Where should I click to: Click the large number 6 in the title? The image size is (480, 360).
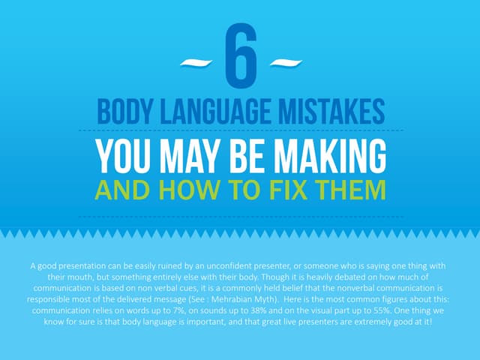point(241,56)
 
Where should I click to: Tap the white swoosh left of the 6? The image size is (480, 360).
point(196,63)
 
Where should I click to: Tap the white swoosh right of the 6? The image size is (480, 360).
point(286,63)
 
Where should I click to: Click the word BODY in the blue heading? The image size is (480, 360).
point(124,112)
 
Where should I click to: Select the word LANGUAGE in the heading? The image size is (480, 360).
point(215,112)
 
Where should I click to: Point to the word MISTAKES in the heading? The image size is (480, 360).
point(331,112)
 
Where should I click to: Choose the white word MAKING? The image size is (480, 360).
point(330,156)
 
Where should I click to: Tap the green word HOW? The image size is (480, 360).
point(189,190)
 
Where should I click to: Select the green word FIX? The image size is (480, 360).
point(289,190)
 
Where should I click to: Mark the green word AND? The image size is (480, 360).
point(122,190)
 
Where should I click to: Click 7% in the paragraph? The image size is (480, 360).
point(178,310)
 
